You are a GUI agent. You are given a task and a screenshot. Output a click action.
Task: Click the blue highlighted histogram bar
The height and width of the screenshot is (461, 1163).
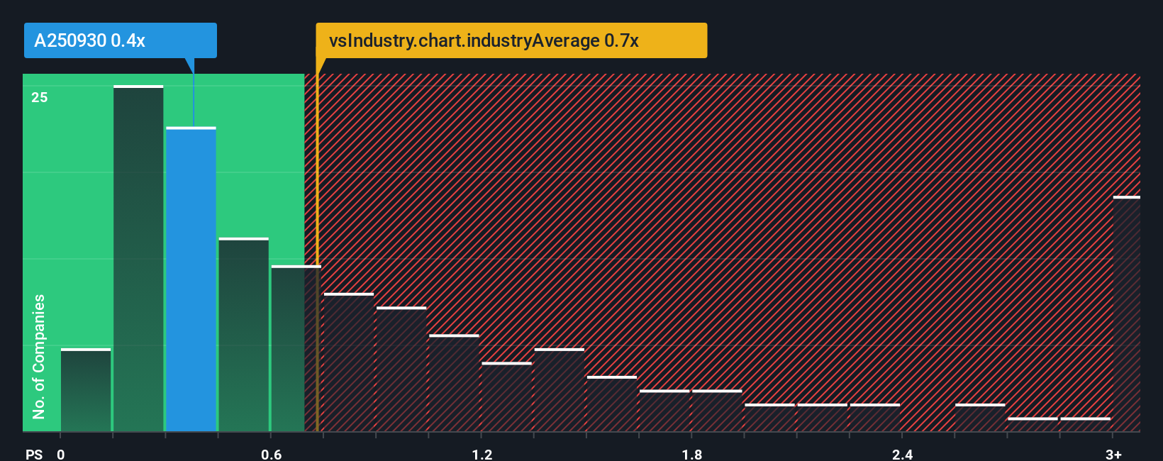click(191, 280)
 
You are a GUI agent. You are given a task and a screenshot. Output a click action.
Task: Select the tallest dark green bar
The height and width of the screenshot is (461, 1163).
click(138, 259)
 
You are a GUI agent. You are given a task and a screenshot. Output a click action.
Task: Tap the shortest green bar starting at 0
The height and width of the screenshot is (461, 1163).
click(86, 390)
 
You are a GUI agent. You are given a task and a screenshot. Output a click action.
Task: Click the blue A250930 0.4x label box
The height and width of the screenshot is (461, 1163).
click(120, 40)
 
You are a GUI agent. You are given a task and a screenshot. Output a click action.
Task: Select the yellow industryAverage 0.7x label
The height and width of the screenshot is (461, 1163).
click(511, 40)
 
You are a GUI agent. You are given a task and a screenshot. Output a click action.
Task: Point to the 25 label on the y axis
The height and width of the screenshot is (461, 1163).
click(40, 97)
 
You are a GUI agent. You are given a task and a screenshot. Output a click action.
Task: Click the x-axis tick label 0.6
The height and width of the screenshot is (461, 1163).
click(272, 454)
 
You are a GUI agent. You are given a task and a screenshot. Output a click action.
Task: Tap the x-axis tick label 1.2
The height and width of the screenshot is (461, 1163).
click(482, 454)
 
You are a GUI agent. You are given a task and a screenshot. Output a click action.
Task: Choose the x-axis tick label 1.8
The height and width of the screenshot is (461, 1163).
click(692, 454)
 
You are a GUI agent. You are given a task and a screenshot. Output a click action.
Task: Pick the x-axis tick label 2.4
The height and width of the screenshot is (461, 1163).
click(902, 454)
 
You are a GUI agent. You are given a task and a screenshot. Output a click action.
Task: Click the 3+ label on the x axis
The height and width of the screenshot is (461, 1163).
click(1113, 454)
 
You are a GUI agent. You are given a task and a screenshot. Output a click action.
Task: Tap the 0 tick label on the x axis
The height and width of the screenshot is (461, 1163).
click(61, 454)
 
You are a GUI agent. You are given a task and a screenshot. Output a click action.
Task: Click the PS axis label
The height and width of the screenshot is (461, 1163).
click(34, 454)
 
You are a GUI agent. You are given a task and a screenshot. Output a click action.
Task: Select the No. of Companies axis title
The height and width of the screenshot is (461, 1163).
click(39, 356)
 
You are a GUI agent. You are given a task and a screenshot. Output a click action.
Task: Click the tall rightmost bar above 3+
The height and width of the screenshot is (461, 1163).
click(1126, 314)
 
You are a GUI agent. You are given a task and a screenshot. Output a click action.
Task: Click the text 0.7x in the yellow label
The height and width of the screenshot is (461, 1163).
click(621, 40)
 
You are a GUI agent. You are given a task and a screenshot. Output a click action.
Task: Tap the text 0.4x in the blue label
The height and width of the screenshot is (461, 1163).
click(128, 40)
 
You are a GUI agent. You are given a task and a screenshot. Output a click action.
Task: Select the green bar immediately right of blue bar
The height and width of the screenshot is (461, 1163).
click(243, 335)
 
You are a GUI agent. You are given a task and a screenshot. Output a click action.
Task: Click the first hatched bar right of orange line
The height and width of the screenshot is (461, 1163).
click(348, 362)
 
